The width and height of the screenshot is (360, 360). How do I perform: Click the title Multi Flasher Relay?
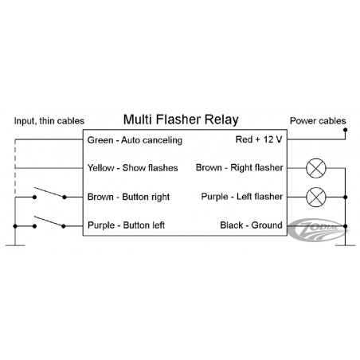click(181, 119)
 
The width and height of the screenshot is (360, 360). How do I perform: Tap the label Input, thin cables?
click(49, 121)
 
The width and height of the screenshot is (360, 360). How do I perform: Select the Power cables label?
click(318, 121)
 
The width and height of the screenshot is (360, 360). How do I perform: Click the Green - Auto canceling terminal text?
click(135, 140)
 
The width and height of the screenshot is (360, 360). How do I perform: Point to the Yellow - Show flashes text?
click(133, 168)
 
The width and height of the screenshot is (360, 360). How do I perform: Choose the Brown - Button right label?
click(128, 197)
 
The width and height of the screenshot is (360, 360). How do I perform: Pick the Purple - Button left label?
click(126, 225)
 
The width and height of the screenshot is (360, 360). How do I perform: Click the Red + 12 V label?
click(259, 139)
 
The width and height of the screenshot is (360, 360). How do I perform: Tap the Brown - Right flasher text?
click(240, 168)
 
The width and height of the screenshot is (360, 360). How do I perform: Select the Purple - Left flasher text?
click(242, 197)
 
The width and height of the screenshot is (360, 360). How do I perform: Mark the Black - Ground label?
click(251, 225)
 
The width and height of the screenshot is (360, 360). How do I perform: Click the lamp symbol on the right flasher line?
click(316, 168)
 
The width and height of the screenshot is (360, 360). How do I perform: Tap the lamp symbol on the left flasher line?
click(316, 197)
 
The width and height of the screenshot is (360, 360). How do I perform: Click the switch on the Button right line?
click(49, 193)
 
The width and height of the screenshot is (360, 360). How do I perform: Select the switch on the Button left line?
click(49, 222)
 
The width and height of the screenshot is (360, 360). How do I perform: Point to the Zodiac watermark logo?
click(317, 230)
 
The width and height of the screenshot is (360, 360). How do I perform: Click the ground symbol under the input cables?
click(15, 245)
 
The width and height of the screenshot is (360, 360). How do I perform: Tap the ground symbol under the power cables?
click(345, 245)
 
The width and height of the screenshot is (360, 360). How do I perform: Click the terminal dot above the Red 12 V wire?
click(345, 130)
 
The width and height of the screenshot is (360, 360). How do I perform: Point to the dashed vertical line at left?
click(15, 168)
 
